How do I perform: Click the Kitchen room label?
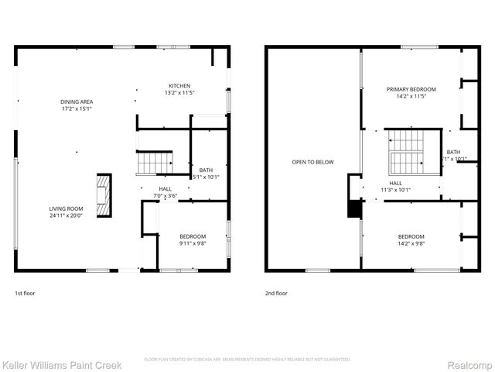pyautogui.click(x=179, y=85)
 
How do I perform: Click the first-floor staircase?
pyautogui.click(x=154, y=163)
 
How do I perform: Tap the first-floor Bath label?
pyautogui.click(x=206, y=170)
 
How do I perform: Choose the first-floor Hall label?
pyautogui.click(x=166, y=188)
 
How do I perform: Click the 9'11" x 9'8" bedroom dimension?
pyautogui.click(x=193, y=243)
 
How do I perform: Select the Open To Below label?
pyautogui.click(x=312, y=162)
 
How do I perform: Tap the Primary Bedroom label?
pyautogui.click(x=411, y=89)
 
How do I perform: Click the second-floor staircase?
pyautogui.click(x=407, y=151)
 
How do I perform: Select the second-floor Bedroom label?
pyautogui.click(x=411, y=236)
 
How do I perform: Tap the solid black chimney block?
pyautogui.click(x=355, y=209)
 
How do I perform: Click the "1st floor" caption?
pyautogui.click(x=25, y=294)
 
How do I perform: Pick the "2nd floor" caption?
pyautogui.click(x=276, y=294)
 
